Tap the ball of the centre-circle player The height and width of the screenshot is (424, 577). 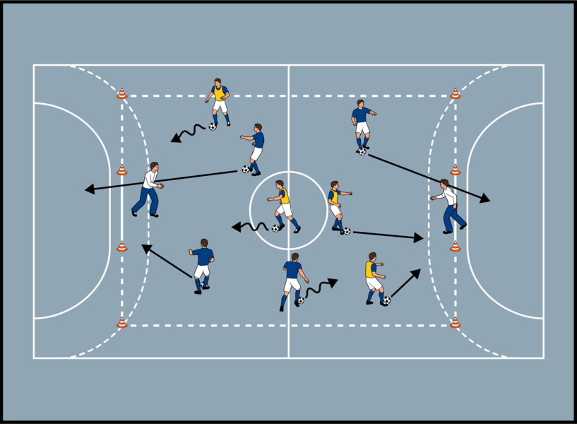275,228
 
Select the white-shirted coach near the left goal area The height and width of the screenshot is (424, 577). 148,189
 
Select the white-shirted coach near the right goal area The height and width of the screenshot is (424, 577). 449,205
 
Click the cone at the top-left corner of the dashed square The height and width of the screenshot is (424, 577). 121,93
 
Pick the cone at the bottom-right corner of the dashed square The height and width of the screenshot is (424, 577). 456,323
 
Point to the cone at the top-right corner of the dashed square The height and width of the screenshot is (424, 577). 456,93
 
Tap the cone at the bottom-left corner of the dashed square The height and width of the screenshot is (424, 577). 121,323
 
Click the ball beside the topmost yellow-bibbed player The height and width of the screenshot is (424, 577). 212,126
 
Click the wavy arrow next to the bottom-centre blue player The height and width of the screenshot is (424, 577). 321,286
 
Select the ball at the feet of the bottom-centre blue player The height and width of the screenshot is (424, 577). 301,300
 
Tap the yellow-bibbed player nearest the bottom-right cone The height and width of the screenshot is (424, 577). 374,278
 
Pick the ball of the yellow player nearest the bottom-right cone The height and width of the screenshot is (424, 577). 386,300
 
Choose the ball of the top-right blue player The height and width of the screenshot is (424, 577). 362,151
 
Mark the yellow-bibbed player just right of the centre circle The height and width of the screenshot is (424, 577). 336,204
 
